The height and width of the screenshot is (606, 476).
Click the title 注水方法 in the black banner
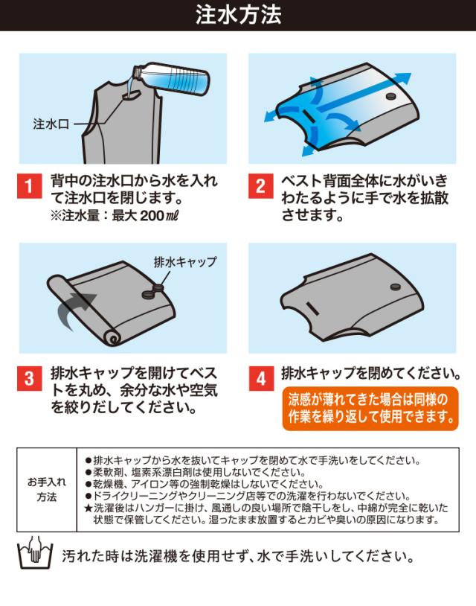pos(238,15)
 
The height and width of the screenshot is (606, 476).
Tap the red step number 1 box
pos(29,186)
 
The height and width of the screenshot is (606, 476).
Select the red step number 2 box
pos(260,186)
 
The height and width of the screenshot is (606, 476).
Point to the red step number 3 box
pos(29,378)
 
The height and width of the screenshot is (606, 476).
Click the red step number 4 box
pos(261,378)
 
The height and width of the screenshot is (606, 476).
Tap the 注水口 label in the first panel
pos(51,124)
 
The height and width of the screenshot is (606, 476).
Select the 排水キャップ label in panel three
pos(185,262)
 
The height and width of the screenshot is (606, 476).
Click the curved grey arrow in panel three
pos(74,309)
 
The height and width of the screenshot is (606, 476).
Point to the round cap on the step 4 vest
pos(396,287)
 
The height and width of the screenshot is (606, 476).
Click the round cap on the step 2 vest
pos(391,95)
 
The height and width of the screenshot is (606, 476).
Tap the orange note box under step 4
pos(370,409)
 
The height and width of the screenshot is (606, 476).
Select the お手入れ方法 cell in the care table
pos(47,489)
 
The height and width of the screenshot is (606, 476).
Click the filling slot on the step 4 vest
pos(312,307)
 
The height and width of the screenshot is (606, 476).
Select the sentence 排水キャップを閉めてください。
pos(371,373)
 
